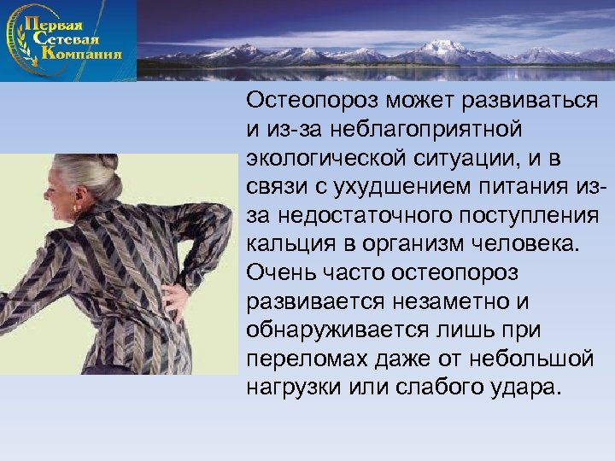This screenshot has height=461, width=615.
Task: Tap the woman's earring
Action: coord(79,207)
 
